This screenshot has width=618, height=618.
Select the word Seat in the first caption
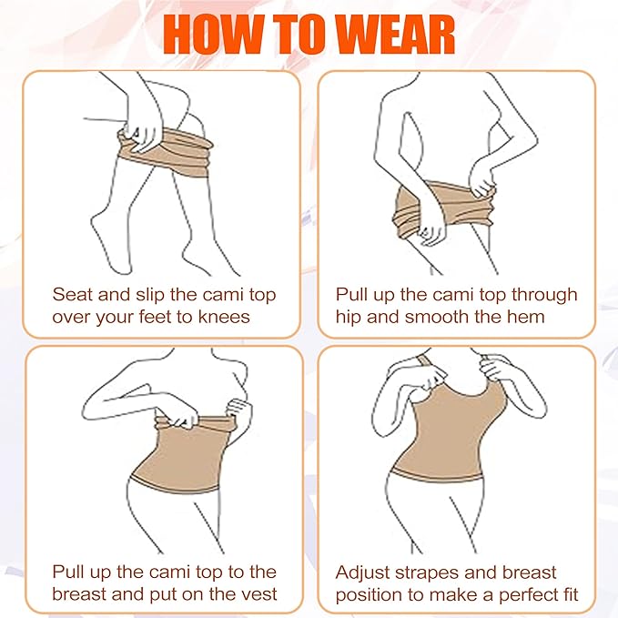tap(73, 294)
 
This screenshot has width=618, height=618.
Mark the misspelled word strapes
tap(433, 572)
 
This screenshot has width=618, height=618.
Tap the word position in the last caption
tap(368, 595)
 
